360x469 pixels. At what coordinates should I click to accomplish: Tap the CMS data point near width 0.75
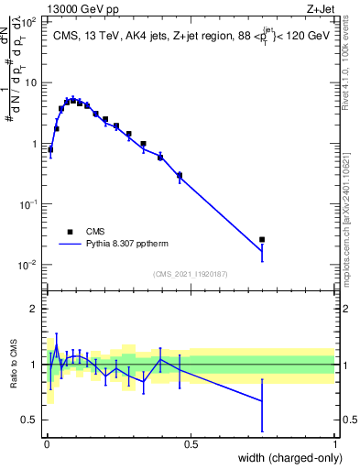pyautogui.click(x=262, y=240)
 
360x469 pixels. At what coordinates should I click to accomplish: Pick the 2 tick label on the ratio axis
pyautogui.click(x=34, y=309)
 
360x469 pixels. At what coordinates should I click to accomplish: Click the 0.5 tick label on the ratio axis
pyautogui.click(x=30, y=420)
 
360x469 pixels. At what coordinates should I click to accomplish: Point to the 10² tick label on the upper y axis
pyautogui.click(x=30, y=20)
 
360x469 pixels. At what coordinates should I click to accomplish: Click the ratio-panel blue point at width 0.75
pyautogui.click(x=262, y=401)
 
